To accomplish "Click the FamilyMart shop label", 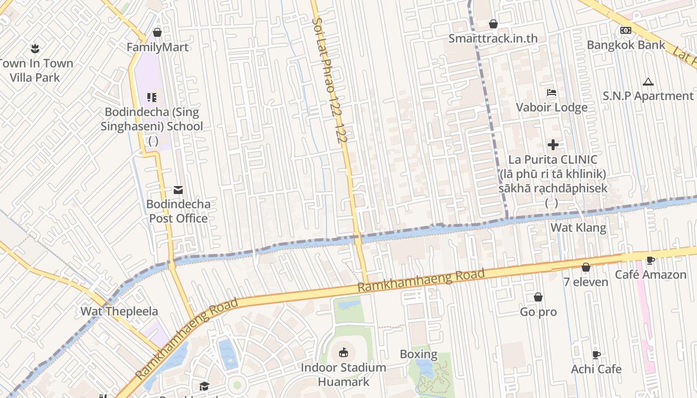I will pyautogui.click(x=157, y=47).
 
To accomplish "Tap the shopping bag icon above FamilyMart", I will pyautogui.click(x=157, y=32).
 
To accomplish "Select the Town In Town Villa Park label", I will pyautogui.click(x=35, y=70).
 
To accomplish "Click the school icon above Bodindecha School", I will pyautogui.click(x=152, y=98).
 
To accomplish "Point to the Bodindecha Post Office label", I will pyautogui.click(x=178, y=211).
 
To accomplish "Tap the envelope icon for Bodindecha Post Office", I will pyautogui.click(x=178, y=190).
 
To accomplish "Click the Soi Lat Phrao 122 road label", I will pyautogui.click(x=329, y=80).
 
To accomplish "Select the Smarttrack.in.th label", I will pyautogui.click(x=493, y=38).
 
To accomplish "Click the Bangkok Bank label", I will pyautogui.click(x=626, y=45).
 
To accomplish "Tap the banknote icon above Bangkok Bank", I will pyautogui.click(x=626, y=30).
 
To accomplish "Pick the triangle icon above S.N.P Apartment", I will pyautogui.click(x=648, y=82).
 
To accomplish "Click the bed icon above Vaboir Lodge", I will pyautogui.click(x=551, y=93).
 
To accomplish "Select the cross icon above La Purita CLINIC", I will pyautogui.click(x=553, y=145).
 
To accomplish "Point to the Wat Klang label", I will pyautogui.click(x=578, y=228).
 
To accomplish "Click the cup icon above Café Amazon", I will pyautogui.click(x=650, y=260).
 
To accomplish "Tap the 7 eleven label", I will pyautogui.click(x=585, y=282).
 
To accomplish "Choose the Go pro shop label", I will pyautogui.click(x=538, y=312).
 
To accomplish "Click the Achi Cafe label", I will pyautogui.click(x=596, y=369).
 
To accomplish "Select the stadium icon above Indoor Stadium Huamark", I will pyautogui.click(x=343, y=353).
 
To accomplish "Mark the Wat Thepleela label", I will pyautogui.click(x=119, y=311).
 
